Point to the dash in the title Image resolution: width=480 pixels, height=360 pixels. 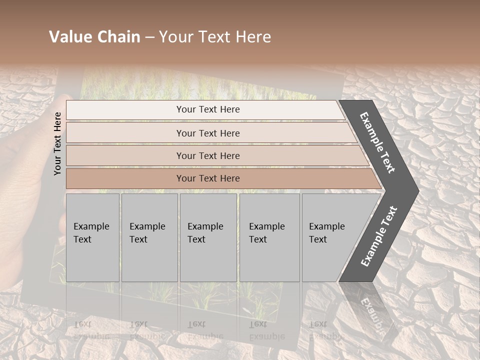(x=149, y=37)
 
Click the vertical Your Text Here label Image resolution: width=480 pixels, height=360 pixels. (x=57, y=143)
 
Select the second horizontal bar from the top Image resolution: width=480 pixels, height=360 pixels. (x=207, y=133)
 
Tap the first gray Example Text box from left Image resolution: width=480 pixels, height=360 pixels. (x=92, y=237)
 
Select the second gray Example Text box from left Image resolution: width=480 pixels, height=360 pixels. (x=149, y=237)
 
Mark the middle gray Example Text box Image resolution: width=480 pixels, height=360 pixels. (x=208, y=237)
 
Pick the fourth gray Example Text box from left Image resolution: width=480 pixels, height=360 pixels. (x=269, y=237)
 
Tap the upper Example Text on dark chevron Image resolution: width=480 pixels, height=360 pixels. (x=377, y=142)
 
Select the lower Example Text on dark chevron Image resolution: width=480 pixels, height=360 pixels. (x=379, y=236)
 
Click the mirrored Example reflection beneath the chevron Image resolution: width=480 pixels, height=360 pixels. (x=372, y=312)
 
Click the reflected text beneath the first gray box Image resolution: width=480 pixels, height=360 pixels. (x=83, y=330)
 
